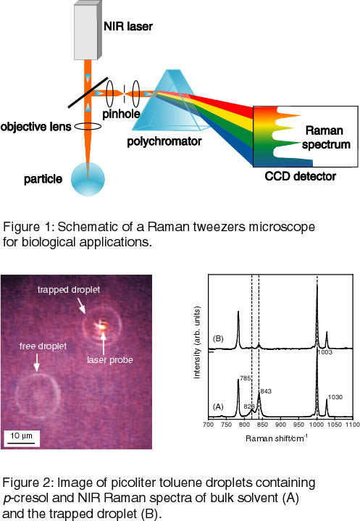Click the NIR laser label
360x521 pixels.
128,27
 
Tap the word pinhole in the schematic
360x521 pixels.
121,114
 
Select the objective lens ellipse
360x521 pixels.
88,126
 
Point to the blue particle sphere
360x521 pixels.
88,180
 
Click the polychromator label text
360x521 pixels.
164,141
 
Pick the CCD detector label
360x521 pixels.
300,176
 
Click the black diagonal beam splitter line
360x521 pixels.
88,93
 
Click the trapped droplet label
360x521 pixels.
69,290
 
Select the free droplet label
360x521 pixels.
43,346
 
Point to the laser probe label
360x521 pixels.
110,360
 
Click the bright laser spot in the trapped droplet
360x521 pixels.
101,325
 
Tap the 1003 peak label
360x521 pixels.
325,352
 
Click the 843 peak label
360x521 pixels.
266,391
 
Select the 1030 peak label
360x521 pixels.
335,397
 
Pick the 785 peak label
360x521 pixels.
245,378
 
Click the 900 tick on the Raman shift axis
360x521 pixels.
280,425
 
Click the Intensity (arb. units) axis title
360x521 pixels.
197,343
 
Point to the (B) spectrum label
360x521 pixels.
218,338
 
